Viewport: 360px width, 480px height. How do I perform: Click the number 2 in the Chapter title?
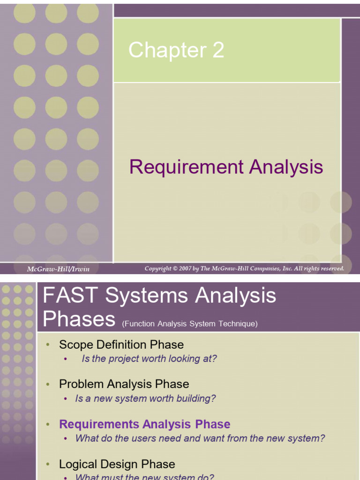tap(218, 51)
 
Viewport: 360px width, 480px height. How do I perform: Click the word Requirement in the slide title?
tap(187, 167)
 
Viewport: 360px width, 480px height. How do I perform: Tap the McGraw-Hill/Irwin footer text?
tap(58, 269)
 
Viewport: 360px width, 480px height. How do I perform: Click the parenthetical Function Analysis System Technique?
tap(190, 323)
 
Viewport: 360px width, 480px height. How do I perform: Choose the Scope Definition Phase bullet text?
tap(121, 345)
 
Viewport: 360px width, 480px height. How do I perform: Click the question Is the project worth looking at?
tap(149, 359)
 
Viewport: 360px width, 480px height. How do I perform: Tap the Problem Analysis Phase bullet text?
tap(124, 384)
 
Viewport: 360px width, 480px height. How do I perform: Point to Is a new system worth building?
tap(145, 398)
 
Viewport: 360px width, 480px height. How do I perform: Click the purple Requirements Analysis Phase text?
tap(144, 424)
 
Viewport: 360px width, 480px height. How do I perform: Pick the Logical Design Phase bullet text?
tap(117, 464)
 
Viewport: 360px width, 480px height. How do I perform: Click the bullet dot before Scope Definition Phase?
tap(48, 345)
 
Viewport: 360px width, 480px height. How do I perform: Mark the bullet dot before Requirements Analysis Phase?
tap(48, 425)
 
